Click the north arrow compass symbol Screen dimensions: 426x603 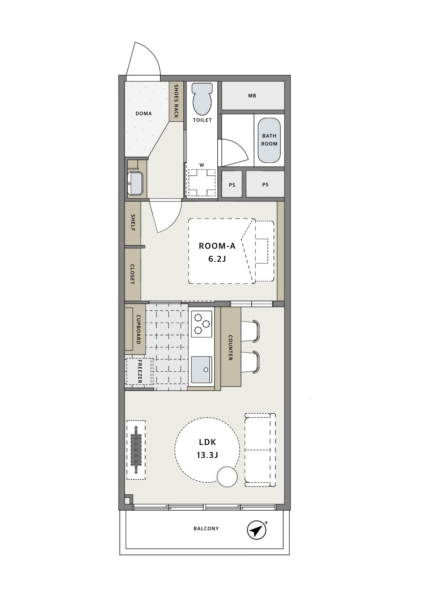pyautogui.click(x=257, y=530)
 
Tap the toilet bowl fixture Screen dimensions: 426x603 pyautogui.click(x=202, y=99)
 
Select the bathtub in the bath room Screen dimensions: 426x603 pyautogui.click(x=269, y=141)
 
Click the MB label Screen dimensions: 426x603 pyautogui.click(x=252, y=96)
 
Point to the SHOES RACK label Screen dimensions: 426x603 pyautogui.click(x=176, y=101)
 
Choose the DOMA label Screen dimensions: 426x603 pyautogui.click(x=143, y=113)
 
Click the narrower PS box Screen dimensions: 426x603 pyautogui.click(x=232, y=185)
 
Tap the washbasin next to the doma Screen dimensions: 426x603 pyautogui.click(x=135, y=183)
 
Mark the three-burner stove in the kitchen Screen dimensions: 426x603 pyautogui.click(x=202, y=323)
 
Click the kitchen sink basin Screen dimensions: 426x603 pyautogui.click(x=202, y=370)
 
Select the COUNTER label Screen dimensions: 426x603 pyautogui.click(x=231, y=348)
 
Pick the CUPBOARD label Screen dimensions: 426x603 pyautogui.click(x=138, y=329)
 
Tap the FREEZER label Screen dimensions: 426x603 pyautogui.click(x=140, y=371)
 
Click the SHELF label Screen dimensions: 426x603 pyautogui.click(x=133, y=222)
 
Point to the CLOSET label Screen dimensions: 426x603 pyautogui.click(x=132, y=274)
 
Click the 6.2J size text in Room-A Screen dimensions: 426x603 pyautogui.click(x=217, y=259)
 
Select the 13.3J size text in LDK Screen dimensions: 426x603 pyautogui.click(x=207, y=455)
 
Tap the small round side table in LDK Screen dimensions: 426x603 pyautogui.click(x=227, y=477)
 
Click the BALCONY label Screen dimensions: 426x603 pyautogui.click(x=206, y=528)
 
